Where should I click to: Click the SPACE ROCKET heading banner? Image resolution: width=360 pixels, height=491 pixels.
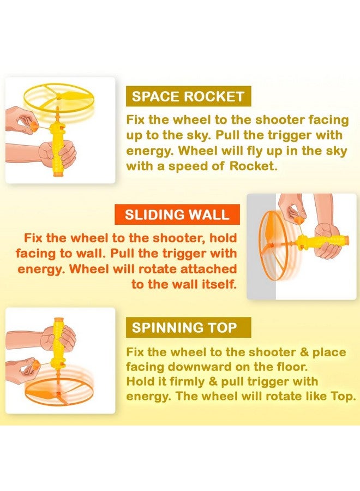pos(188,97)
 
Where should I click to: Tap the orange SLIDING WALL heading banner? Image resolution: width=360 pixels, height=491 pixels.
pos(177,214)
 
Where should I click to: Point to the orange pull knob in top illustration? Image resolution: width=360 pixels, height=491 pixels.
pos(34,128)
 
